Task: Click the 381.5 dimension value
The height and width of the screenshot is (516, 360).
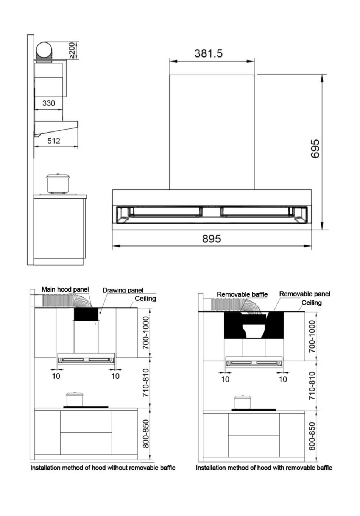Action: click(209, 53)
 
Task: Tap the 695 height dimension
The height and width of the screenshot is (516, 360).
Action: click(315, 149)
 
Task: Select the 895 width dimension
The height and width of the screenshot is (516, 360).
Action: click(212, 239)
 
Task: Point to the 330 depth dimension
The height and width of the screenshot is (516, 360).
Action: click(48, 103)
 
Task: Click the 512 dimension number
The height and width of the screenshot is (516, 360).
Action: click(54, 141)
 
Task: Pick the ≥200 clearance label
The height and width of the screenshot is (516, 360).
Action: click(72, 50)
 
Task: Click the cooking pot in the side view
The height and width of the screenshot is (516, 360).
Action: click(58, 183)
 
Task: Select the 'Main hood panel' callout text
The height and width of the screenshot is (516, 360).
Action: click(65, 289)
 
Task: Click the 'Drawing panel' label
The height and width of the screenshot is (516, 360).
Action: click(123, 290)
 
